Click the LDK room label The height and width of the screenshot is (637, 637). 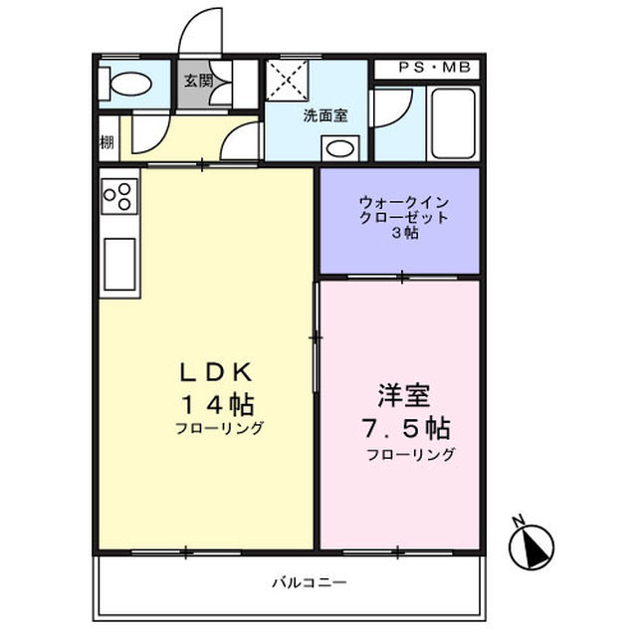pyautogui.click(x=219, y=371)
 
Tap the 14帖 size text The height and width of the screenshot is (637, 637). pyautogui.click(x=217, y=405)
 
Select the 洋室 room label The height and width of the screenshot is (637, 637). pyautogui.click(x=403, y=394)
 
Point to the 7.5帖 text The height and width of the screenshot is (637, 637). pyautogui.click(x=405, y=429)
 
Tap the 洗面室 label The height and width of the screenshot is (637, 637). pyautogui.click(x=325, y=114)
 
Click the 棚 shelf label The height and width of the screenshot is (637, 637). pyautogui.click(x=106, y=140)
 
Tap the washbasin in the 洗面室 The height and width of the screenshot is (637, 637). pyautogui.click(x=340, y=148)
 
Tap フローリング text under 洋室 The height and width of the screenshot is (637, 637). pyautogui.click(x=410, y=455)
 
